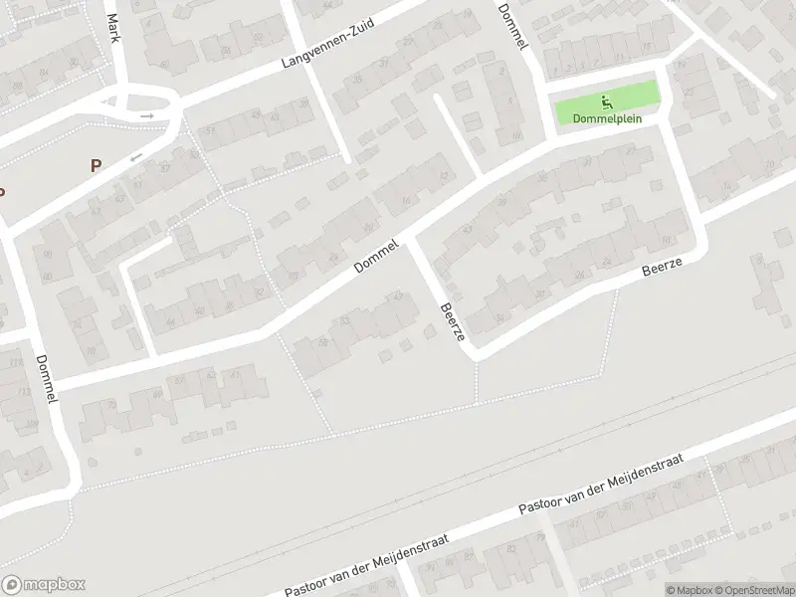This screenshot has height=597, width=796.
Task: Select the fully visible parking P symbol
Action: pyautogui.click(x=96, y=166)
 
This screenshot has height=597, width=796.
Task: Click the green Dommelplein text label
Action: pyautogui.click(x=607, y=118)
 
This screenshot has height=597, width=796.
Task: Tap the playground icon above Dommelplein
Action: pyautogui.click(x=607, y=100)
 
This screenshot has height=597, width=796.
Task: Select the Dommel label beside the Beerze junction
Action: pyautogui.click(x=377, y=256)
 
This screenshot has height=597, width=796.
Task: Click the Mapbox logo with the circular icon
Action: pyautogui.click(x=43, y=585)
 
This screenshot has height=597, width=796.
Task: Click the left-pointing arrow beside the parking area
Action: pyautogui.click(x=136, y=156)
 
